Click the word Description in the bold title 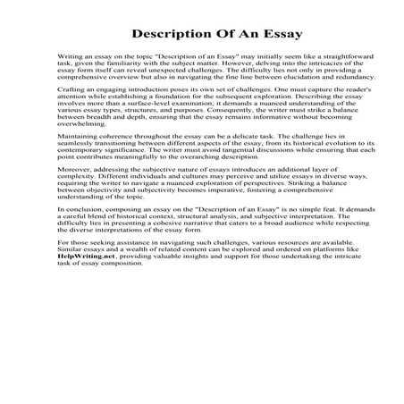pos(173,34)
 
